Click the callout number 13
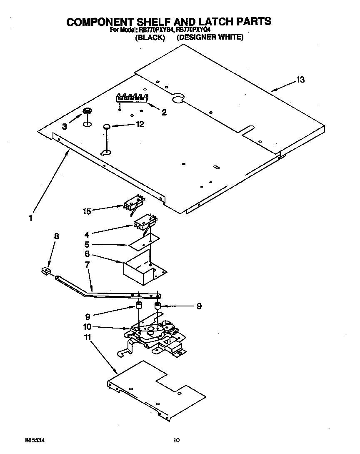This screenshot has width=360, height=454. tap(300, 80)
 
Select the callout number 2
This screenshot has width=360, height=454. tap(164, 112)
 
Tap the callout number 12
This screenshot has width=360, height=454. tap(140, 124)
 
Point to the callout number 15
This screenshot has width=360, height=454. tap(87, 211)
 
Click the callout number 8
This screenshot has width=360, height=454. tap(57, 236)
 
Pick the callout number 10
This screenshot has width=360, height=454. tap(88, 327)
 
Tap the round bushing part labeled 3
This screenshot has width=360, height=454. tap(87, 111)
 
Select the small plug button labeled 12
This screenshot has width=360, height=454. tap(107, 126)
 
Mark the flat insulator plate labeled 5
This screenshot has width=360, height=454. tap(144, 242)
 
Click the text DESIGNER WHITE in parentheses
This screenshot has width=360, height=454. tap(210, 37)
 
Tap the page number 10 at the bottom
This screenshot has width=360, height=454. tap(176, 440)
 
